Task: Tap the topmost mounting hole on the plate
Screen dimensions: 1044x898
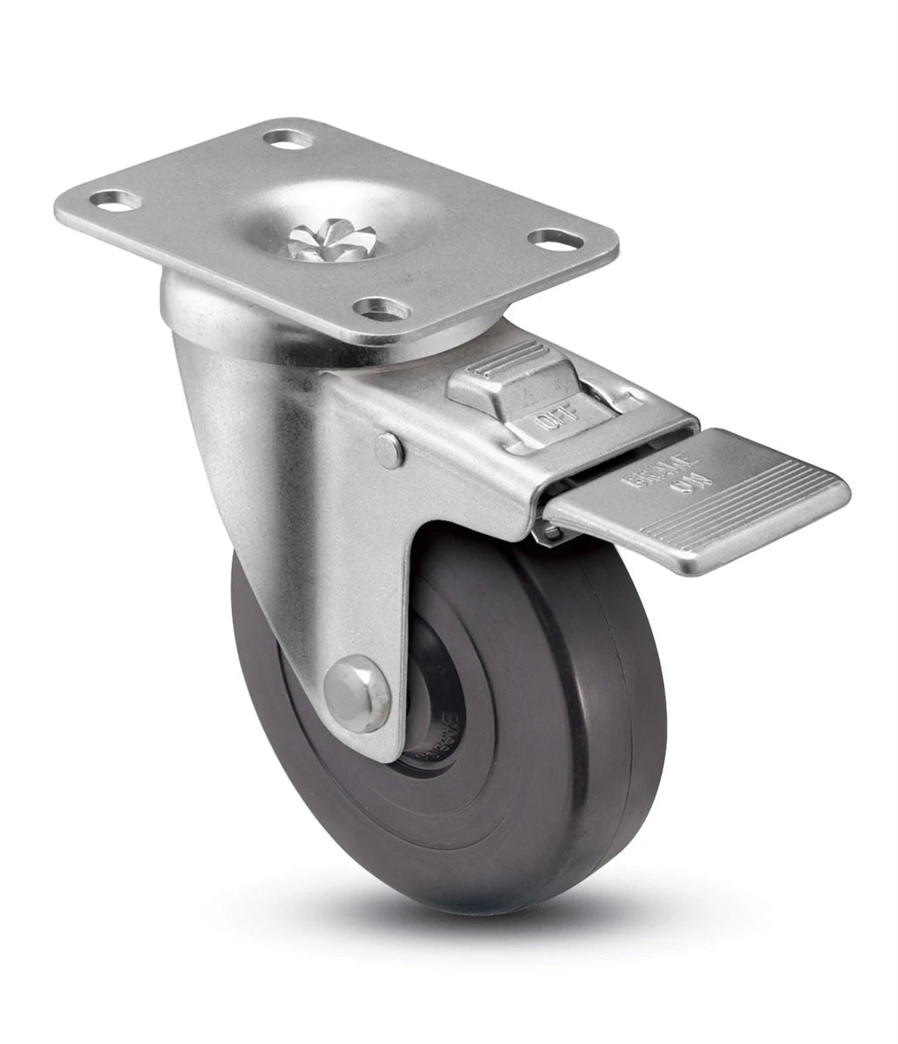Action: pyautogui.click(x=288, y=138)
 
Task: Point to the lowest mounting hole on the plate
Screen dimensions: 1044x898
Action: pyautogui.click(x=382, y=308)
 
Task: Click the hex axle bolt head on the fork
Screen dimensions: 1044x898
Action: pyautogui.click(x=357, y=693)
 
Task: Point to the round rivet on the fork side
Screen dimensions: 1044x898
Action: pyautogui.click(x=389, y=450)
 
